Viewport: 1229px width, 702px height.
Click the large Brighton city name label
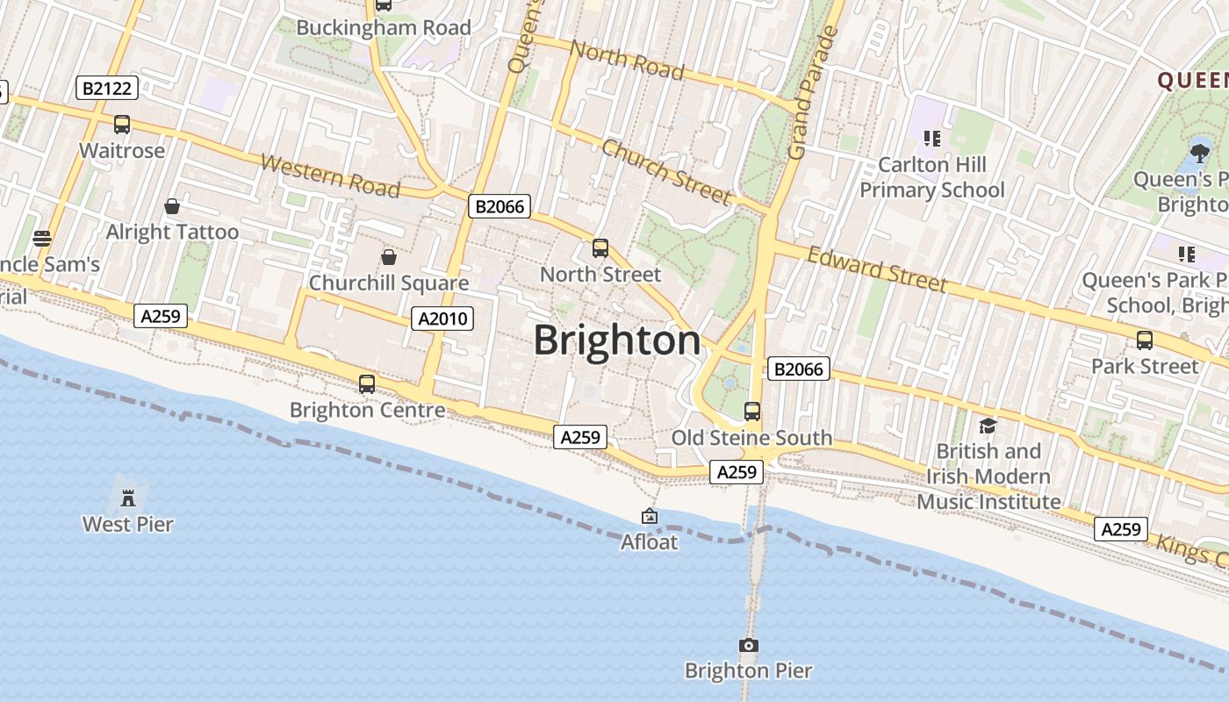coord(617,340)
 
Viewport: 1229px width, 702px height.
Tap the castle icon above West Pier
coord(128,498)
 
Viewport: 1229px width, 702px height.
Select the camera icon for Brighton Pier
coord(748,646)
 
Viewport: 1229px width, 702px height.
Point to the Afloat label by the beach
coord(650,542)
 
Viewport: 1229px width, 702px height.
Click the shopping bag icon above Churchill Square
coord(388,257)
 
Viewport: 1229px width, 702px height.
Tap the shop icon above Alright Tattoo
coord(172,206)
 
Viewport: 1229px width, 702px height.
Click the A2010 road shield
coord(442,319)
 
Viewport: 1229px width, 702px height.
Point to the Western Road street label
coord(331,175)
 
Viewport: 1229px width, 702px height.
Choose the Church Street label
coord(666,171)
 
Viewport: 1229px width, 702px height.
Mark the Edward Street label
coord(877,269)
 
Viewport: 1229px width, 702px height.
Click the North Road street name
coord(627,60)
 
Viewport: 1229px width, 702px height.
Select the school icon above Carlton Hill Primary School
coord(931,138)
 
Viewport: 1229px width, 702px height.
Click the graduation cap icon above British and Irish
coord(988,426)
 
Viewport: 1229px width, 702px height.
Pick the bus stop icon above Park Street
coord(1144,340)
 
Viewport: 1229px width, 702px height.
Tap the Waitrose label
coord(122,151)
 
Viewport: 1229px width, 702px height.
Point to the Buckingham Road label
coord(384,28)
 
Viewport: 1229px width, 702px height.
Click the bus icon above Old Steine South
coord(751,411)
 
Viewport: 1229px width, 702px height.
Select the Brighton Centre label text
coord(367,411)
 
